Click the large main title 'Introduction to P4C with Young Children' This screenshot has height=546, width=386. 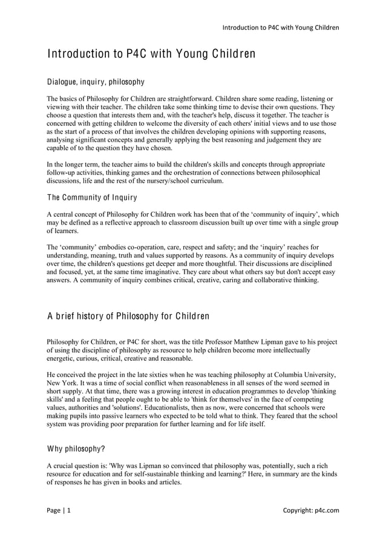pyautogui.click(x=151, y=54)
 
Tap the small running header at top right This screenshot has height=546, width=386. pyautogui.click(x=281, y=27)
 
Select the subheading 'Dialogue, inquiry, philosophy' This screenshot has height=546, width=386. pyautogui.click(x=96, y=81)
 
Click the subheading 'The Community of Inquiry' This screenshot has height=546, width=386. pyautogui.click(x=92, y=197)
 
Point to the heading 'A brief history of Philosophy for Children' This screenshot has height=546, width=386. pyautogui.click(x=128, y=317)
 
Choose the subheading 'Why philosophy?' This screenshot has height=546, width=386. pyautogui.click(x=76, y=449)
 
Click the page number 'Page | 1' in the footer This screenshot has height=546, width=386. pyautogui.click(x=59, y=510)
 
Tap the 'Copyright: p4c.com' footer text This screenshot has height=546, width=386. pyautogui.click(x=311, y=510)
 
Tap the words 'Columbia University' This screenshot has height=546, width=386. pyautogui.click(x=301, y=375)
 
